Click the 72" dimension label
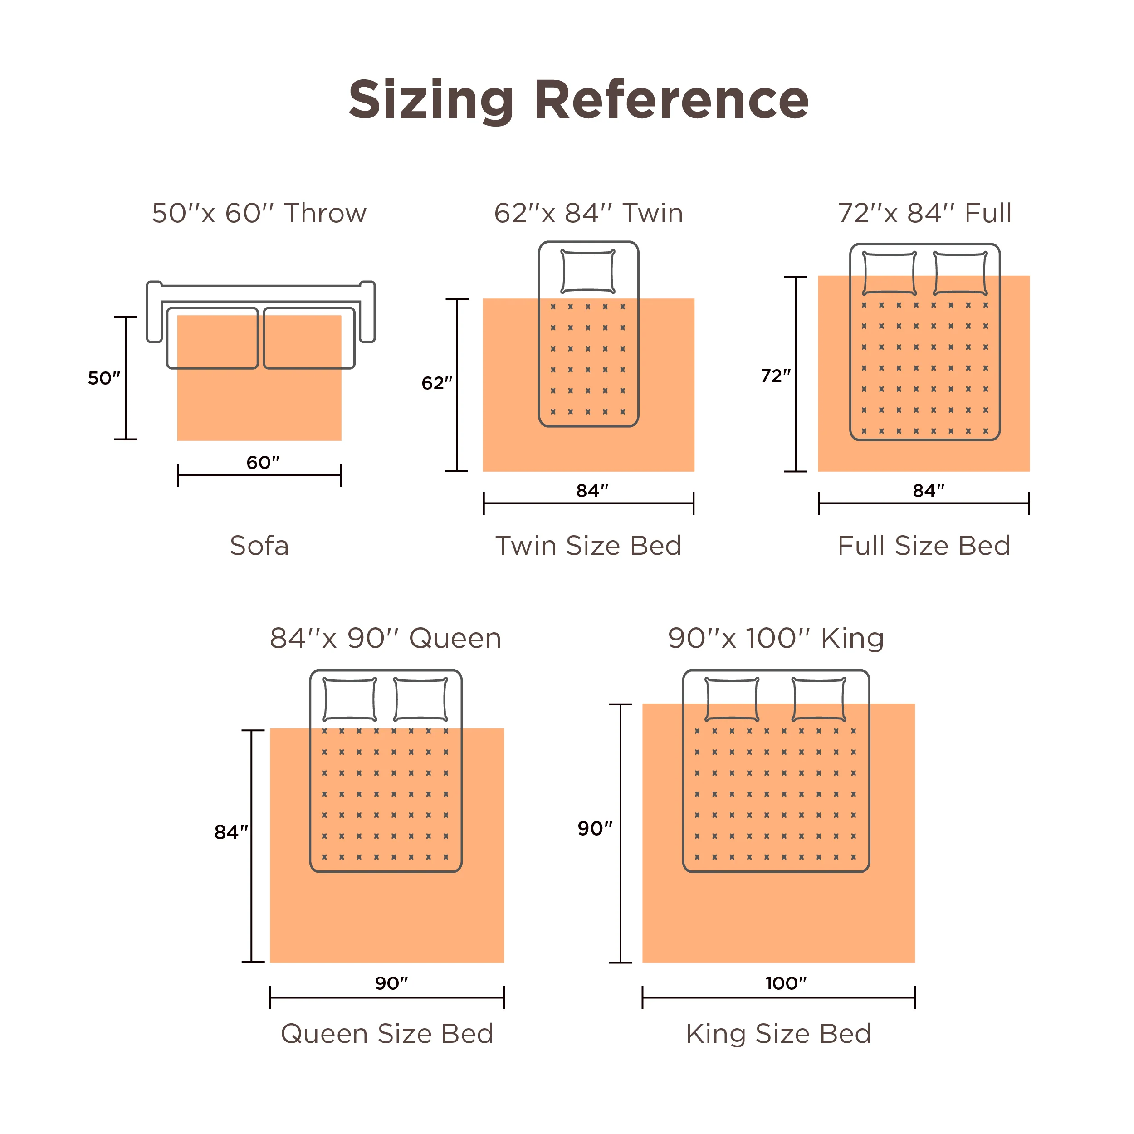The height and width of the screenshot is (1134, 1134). pos(775,376)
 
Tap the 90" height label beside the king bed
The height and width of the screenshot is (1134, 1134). pos(595,828)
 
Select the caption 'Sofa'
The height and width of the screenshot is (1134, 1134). pos(259,546)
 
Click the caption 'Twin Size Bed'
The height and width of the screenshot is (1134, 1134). pos(588,546)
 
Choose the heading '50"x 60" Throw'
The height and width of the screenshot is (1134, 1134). pos(259,213)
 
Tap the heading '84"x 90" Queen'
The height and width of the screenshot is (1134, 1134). pos(385,638)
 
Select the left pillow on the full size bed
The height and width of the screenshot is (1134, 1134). pos(889,274)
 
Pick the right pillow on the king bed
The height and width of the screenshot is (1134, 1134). pos(819,699)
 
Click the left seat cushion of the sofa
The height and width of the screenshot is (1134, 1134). pos(212,338)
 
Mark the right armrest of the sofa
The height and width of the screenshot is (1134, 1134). pos(367,312)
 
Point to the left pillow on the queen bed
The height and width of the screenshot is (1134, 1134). pos(350,699)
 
